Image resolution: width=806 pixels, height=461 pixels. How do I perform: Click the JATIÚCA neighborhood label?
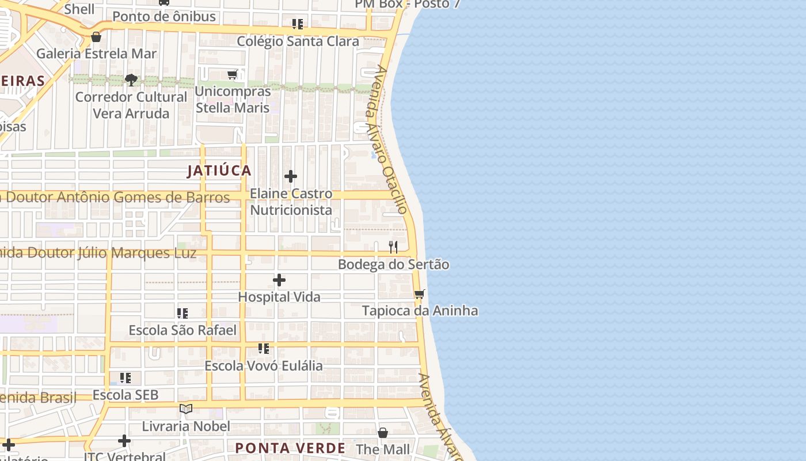pos(219,171)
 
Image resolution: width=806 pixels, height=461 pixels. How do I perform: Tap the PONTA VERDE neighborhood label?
pos(290,448)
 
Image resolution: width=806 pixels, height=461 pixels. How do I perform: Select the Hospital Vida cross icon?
pos(279,281)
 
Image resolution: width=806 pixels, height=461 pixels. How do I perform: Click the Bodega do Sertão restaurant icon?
pos(393,247)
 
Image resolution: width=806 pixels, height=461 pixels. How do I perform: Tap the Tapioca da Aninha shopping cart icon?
pos(420,294)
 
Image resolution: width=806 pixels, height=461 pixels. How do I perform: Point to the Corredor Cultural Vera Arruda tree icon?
pos(131,80)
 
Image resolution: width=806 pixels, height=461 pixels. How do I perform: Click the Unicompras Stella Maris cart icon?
pos(233,74)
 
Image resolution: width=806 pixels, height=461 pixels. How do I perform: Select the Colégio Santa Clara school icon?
pos(298,24)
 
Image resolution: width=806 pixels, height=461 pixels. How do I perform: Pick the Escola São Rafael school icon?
pos(183,313)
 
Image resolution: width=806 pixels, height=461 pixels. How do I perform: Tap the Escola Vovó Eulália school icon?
pos(264,349)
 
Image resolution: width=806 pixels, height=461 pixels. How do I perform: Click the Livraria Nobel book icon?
pos(185,409)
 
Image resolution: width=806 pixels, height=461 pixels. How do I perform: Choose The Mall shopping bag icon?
pos(383,432)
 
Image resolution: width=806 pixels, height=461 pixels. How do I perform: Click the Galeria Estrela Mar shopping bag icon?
pos(96,37)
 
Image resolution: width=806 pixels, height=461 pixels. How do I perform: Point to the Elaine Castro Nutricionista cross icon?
pos(291,176)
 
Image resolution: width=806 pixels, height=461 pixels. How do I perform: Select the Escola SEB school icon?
pos(126,378)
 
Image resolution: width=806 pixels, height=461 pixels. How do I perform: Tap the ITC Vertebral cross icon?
pos(124,441)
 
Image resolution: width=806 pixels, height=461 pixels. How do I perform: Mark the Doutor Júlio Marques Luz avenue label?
pos(98,253)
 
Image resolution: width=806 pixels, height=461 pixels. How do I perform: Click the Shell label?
pos(79,9)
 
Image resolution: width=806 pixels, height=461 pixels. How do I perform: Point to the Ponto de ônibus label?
pos(164,17)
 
